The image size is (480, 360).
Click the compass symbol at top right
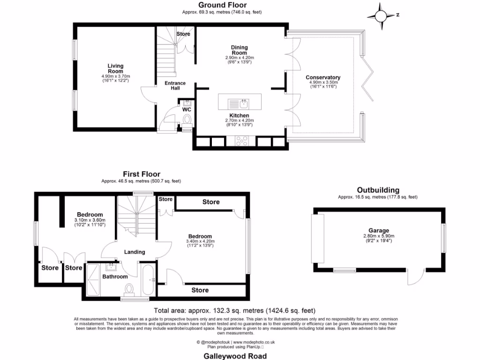[383, 15]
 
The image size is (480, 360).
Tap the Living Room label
[115, 68]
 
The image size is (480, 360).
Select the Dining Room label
[239, 50]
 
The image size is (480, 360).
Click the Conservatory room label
[323, 77]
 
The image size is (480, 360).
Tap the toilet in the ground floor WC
[187, 120]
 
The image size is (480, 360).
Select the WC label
[187, 110]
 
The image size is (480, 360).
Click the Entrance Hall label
[175, 85]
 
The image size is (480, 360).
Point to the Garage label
[378, 231]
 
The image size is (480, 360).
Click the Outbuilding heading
[378, 190]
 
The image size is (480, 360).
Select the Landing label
[135, 252]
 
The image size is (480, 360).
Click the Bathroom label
[115, 277]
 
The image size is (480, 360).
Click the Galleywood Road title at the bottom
[235, 356]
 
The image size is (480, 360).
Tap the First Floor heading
[142, 174]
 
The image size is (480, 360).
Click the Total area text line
[235, 310]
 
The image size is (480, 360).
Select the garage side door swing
[415, 278]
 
